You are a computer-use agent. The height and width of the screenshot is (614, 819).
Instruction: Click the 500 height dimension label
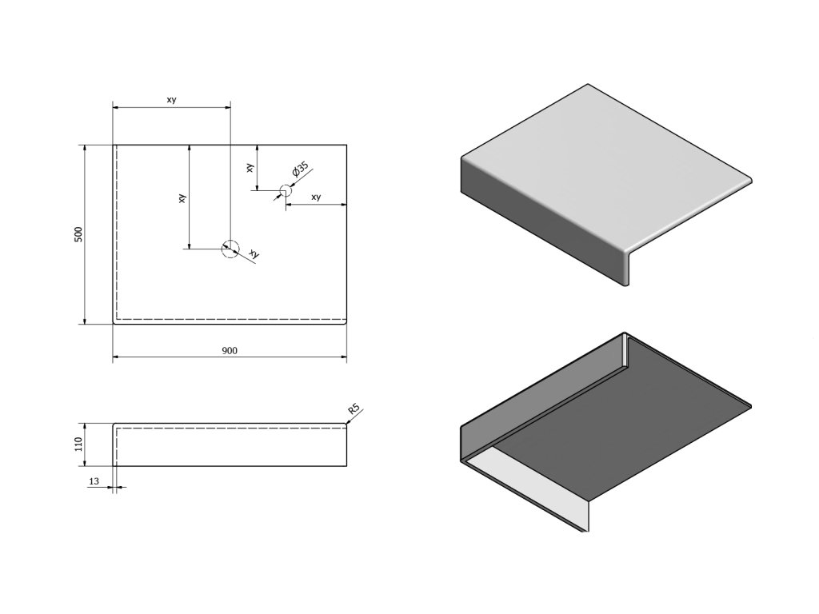pos(78,234)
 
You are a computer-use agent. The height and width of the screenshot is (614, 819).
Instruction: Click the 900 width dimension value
pos(230,350)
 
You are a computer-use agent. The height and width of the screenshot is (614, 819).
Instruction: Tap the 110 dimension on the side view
pos(78,444)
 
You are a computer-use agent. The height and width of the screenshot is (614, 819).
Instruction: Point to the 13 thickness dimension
pos(94,480)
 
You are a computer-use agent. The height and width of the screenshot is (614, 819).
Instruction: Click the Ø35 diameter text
pos(299,169)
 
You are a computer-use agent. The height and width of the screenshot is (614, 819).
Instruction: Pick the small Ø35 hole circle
pos(285,191)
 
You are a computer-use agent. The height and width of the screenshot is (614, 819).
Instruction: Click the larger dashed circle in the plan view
pos(230,249)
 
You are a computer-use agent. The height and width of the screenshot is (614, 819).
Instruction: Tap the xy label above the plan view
pos(171,100)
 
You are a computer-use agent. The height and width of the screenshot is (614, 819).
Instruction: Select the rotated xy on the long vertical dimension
pos(182,197)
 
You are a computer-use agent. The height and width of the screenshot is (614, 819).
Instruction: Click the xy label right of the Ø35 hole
pos(316,197)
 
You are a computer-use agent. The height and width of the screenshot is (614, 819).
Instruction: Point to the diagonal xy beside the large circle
pos(254,253)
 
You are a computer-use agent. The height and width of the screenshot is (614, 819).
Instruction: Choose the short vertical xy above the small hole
pos(250,168)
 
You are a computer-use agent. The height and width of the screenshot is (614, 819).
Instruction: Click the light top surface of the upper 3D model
pos(600,160)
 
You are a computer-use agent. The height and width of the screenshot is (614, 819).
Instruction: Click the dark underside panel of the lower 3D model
pos(624,424)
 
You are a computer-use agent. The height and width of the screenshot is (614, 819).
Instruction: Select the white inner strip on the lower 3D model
pos(532,480)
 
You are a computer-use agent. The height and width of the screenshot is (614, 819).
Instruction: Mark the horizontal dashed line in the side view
pos(232,429)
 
